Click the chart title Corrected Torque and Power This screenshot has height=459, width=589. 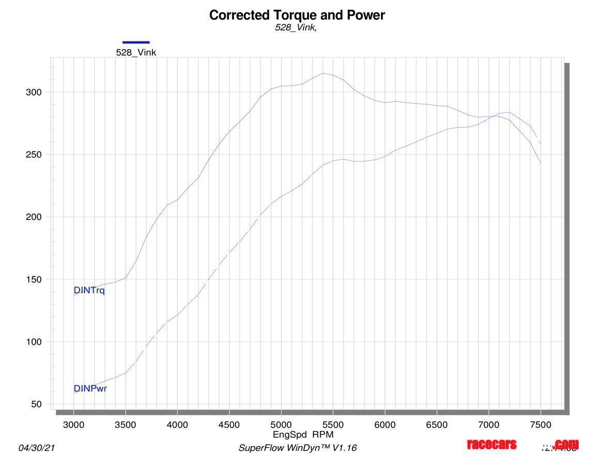(297, 15)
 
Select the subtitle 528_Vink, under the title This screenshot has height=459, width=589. (296, 28)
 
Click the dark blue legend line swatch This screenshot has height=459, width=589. (136, 42)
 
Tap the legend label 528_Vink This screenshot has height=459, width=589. (136, 52)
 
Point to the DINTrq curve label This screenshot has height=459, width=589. (89, 290)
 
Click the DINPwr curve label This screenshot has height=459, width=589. (90, 389)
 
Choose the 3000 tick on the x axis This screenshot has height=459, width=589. (73, 425)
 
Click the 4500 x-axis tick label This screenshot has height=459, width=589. (229, 425)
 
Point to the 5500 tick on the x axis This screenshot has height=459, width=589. (333, 425)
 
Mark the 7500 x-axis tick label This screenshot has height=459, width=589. (540, 425)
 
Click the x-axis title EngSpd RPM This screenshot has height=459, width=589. (303, 435)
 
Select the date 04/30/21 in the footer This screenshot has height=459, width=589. (36, 448)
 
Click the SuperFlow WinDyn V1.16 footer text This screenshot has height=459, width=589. (297, 448)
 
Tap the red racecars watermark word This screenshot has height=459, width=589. (491, 445)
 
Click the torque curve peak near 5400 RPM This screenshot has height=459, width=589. (323, 73)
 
